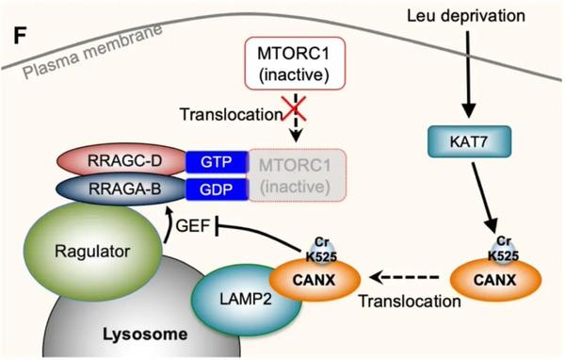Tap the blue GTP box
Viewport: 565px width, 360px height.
(x=215, y=162)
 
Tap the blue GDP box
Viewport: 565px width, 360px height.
(x=215, y=188)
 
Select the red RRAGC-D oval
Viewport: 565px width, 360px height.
(x=123, y=161)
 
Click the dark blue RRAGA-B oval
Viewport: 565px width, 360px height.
(x=121, y=188)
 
